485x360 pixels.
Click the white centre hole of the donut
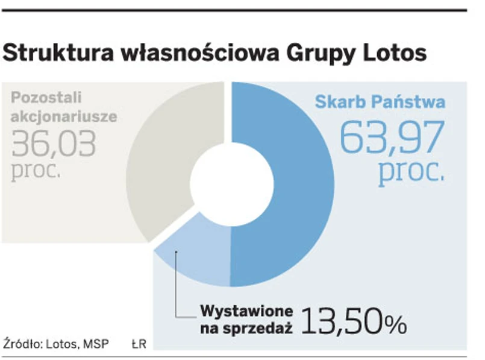[224, 181]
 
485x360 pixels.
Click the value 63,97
[392, 137]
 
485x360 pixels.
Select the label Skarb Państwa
[380, 101]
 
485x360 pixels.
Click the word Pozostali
[46, 97]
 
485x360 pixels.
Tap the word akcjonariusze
[63, 116]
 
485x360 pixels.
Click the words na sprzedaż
[246, 328]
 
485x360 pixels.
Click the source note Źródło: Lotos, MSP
[52, 344]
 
